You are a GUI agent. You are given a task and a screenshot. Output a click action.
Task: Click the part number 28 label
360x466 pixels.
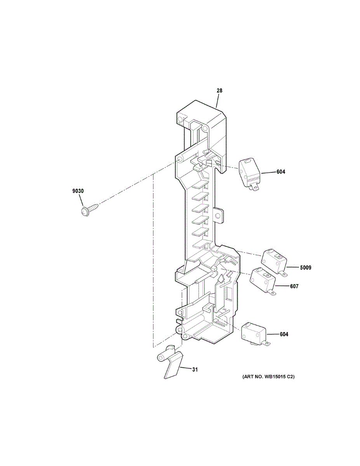pyautogui.click(x=219, y=91)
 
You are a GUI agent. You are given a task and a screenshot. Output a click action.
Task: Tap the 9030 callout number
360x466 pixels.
pyautogui.click(x=78, y=191)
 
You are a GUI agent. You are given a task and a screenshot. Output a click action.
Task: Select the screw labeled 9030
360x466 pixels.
pyautogui.click(x=88, y=208)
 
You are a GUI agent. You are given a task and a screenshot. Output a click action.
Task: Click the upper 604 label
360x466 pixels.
pyautogui.click(x=280, y=172)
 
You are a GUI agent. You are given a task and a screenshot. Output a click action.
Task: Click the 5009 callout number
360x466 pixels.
pyautogui.click(x=305, y=268)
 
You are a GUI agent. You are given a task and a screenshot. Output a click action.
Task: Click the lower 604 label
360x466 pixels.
pyautogui.click(x=283, y=334)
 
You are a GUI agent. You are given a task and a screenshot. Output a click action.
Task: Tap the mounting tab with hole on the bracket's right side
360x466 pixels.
pyautogui.click(x=219, y=215)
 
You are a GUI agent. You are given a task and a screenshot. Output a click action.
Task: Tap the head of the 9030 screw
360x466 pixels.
pyautogui.click(x=84, y=212)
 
